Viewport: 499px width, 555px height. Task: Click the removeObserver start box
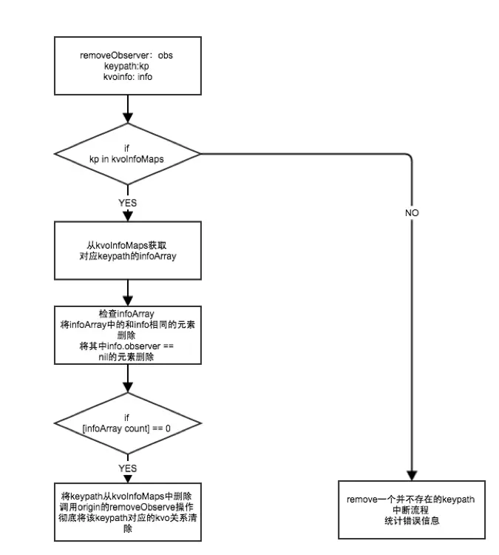click(x=128, y=67)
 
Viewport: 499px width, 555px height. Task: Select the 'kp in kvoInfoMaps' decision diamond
click(x=128, y=155)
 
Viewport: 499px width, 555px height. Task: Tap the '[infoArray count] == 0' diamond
click(x=128, y=423)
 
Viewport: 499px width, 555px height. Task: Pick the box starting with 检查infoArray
click(x=128, y=335)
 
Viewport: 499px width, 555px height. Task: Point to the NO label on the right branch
click(x=412, y=212)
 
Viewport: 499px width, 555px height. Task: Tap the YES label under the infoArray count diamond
click(x=128, y=468)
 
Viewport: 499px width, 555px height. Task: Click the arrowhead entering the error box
click(x=410, y=474)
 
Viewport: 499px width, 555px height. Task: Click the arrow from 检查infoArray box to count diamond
click(x=128, y=380)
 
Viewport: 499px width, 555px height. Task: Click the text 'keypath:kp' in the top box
click(x=128, y=67)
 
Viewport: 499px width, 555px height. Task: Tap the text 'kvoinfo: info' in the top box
click(x=128, y=77)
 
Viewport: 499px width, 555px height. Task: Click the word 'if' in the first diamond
click(x=128, y=147)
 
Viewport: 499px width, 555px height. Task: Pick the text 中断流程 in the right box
click(x=410, y=510)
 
